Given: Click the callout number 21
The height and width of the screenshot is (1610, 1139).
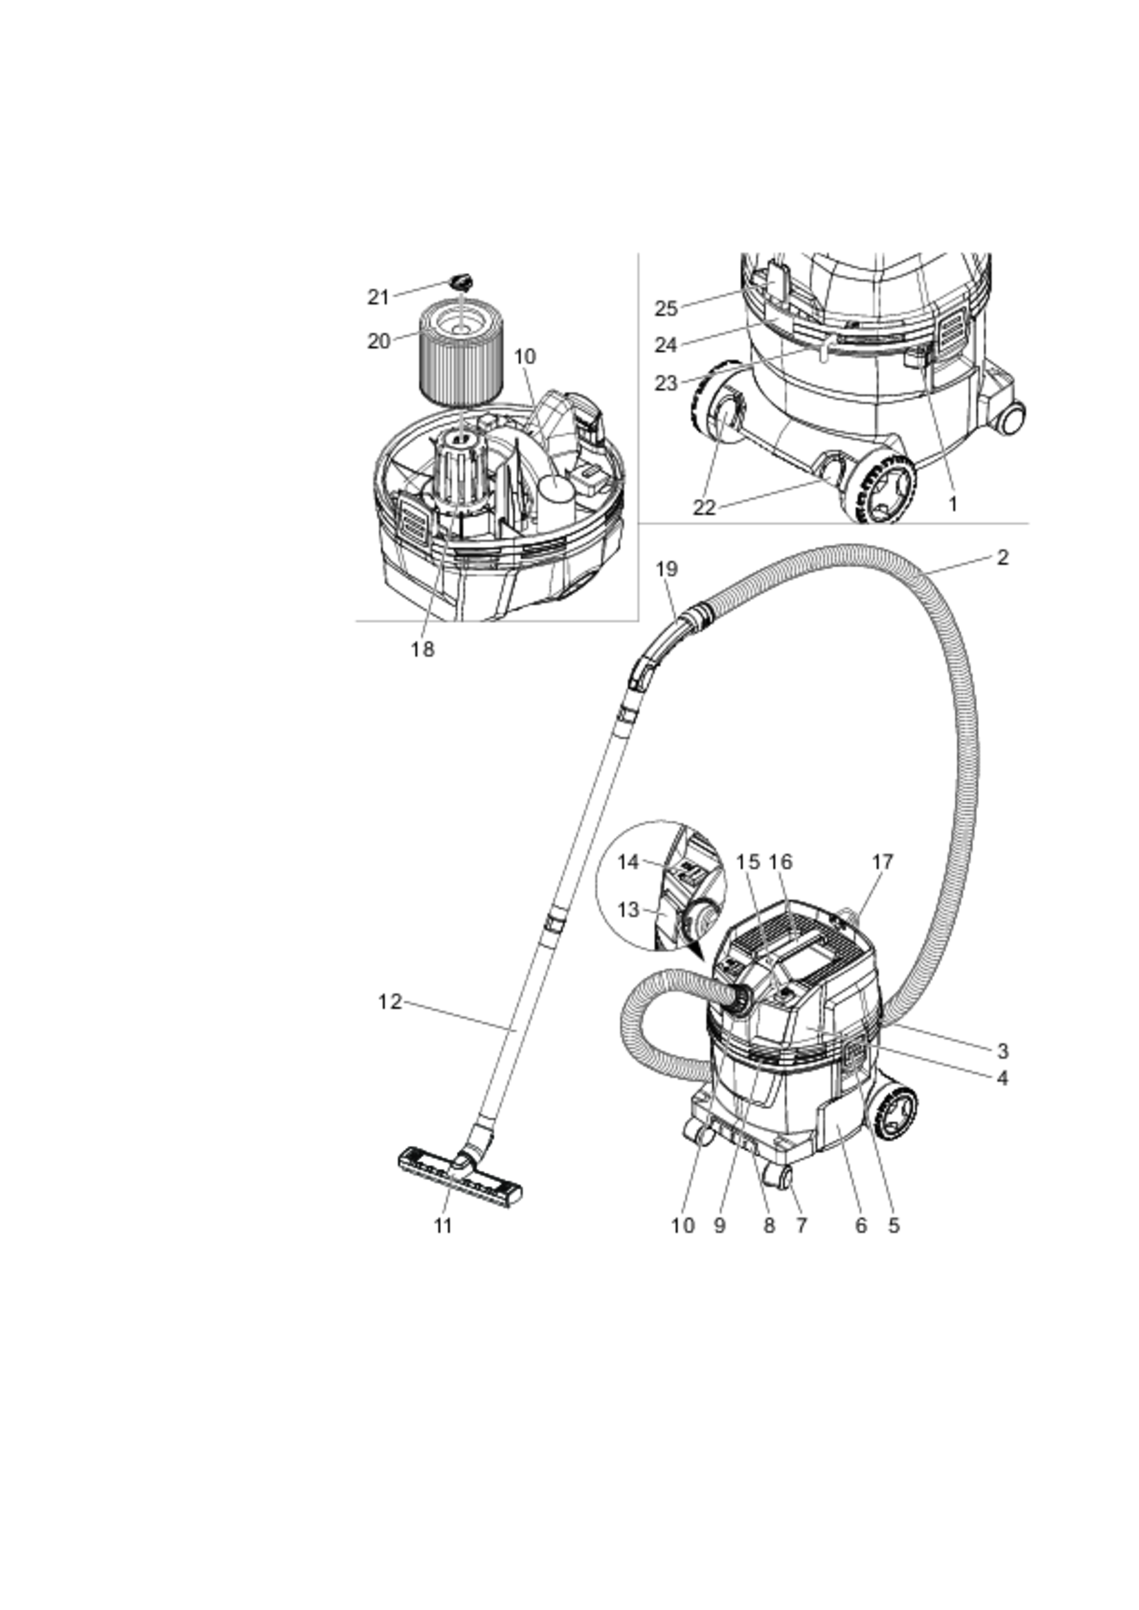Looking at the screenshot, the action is [x=378, y=297].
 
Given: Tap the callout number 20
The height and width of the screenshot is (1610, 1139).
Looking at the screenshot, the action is [x=378, y=342].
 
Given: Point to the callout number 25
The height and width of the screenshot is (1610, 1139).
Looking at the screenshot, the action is [x=666, y=308].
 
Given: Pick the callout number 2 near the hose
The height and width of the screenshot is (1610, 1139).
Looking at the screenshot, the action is [x=1003, y=557].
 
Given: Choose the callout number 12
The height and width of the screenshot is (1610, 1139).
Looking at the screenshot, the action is [x=390, y=1002].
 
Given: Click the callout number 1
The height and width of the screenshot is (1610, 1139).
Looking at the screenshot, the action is [x=952, y=504].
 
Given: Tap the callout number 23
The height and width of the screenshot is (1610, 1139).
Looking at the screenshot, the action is [x=666, y=383].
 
